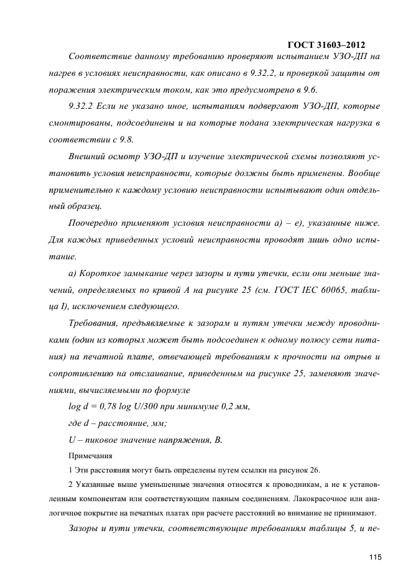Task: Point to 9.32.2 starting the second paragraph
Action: pyautogui.click(x=81, y=106)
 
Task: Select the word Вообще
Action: pyautogui.click(x=361, y=172)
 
